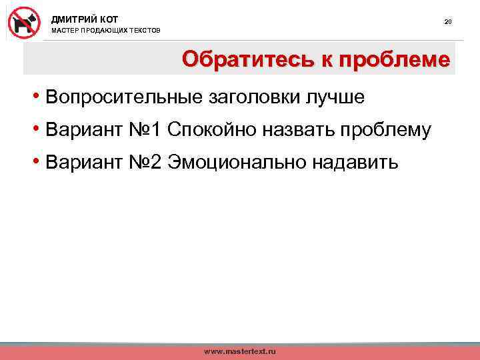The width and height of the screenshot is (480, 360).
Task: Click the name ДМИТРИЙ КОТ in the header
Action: pos(85,19)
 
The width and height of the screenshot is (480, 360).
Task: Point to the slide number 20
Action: pos(448,22)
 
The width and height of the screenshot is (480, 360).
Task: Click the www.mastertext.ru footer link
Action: pos(239,351)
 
